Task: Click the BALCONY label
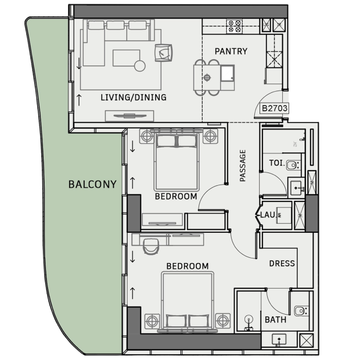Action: [92, 185]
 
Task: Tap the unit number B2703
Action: [275, 108]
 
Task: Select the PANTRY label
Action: [231, 51]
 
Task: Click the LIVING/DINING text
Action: [134, 98]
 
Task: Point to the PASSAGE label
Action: [243, 165]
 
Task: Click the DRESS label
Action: [282, 264]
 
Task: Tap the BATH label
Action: [275, 319]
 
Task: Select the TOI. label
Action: [277, 163]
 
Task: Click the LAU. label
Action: [268, 215]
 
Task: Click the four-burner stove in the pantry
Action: [235, 26]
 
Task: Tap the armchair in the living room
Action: [164, 53]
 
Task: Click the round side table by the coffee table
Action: [140, 66]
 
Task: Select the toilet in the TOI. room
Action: [293, 165]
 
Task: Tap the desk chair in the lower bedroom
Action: [151, 246]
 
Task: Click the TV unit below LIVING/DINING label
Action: [129, 116]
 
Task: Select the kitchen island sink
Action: [228, 74]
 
